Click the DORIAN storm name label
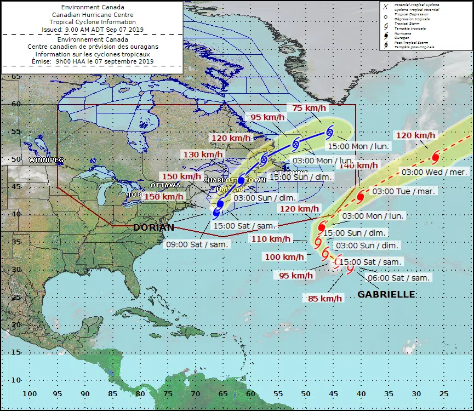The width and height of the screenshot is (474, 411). (154, 227)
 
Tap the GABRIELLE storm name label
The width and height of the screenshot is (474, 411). (386, 295)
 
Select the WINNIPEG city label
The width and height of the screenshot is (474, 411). (46, 160)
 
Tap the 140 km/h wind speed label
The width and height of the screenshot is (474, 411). (358, 165)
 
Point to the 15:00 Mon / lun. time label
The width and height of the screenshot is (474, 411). (355, 147)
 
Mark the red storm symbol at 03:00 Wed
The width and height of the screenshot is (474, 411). (436, 157)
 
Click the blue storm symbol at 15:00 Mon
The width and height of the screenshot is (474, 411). (330, 131)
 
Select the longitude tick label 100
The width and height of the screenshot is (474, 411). (30, 393)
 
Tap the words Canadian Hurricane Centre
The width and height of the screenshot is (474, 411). (92, 14)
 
